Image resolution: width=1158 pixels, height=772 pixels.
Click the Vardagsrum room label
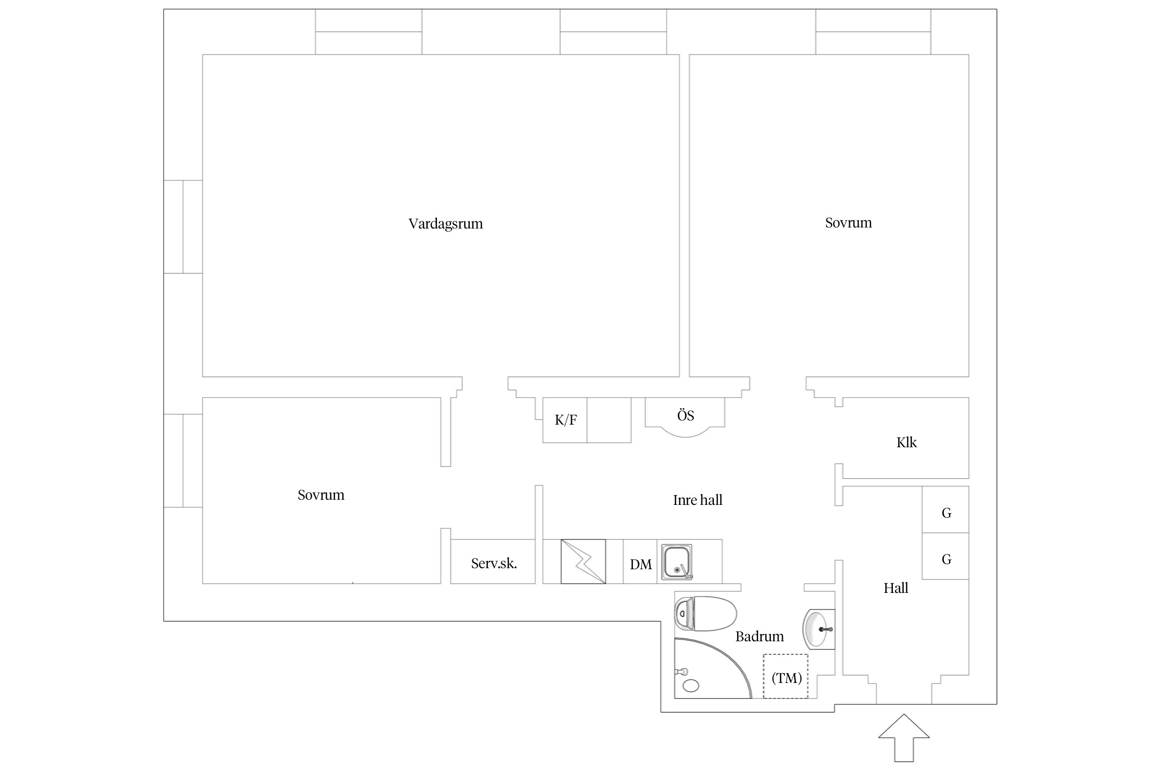(x=446, y=224)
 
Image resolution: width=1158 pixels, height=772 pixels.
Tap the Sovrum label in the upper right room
(x=848, y=223)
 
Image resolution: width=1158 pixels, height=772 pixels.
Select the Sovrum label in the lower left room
(x=321, y=495)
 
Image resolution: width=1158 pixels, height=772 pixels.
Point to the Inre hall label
(x=697, y=500)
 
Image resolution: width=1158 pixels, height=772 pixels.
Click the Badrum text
(x=759, y=637)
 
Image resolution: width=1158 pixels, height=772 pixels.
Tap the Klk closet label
(x=906, y=443)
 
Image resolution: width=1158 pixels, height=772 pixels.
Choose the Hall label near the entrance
(x=896, y=588)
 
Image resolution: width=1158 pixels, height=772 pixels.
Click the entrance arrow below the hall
(x=904, y=737)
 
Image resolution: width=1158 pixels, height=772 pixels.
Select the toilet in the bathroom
(x=706, y=613)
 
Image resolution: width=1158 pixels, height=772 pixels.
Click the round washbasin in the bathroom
(x=818, y=629)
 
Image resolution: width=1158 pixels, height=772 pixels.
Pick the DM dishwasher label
(x=641, y=565)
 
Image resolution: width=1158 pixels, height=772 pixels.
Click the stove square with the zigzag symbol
(x=583, y=562)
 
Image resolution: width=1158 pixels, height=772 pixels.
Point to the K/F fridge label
(x=566, y=420)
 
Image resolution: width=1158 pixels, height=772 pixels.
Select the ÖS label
(x=686, y=415)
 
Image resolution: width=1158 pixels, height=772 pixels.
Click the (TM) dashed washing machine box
(x=785, y=676)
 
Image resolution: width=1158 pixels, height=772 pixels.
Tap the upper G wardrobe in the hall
(x=945, y=510)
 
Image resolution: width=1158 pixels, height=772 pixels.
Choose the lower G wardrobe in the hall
(x=945, y=556)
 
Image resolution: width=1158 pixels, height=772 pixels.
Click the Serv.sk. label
(x=494, y=564)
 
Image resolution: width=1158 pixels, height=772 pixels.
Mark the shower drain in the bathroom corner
(x=691, y=685)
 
